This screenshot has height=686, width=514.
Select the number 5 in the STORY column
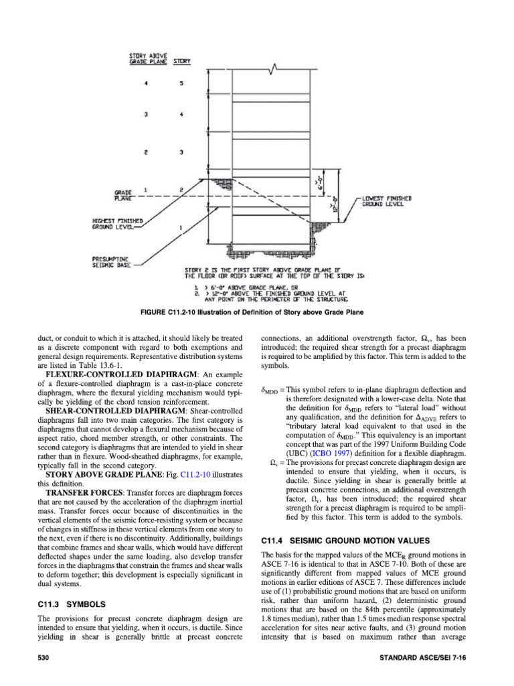(x=181, y=84)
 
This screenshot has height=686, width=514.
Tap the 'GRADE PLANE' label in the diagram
(x=122, y=194)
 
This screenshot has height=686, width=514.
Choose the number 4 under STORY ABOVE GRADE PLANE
(x=146, y=84)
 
